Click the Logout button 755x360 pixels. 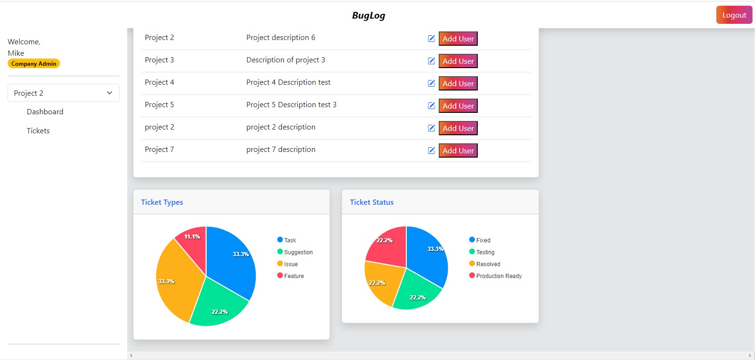pyautogui.click(x=734, y=15)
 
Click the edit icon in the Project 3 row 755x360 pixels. pyautogui.click(x=431, y=61)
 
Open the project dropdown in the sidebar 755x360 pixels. pyautogui.click(x=63, y=93)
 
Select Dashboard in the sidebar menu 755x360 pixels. pyautogui.click(x=45, y=111)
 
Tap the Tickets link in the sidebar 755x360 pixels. pyautogui.click(x=38, y=130)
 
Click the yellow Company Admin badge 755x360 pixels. pyautogui.click(x=34, y=63)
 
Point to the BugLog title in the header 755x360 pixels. pyautogui.click(x=368, y=15)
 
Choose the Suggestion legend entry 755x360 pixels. pyautogui.click(x=295, y=252)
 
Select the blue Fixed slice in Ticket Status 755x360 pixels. pyautogui.click(x=426, y=252)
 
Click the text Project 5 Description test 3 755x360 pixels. pyautogui.click(x=291, y=105)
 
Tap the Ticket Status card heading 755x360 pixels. pyautogui.click(x=372, y=202)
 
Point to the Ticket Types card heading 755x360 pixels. pyautogui.click(x=162, y=202)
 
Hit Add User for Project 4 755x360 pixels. pyautogui.click(x=458, y=83)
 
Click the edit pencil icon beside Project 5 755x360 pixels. pyautogui.click(x=431, y=106)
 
